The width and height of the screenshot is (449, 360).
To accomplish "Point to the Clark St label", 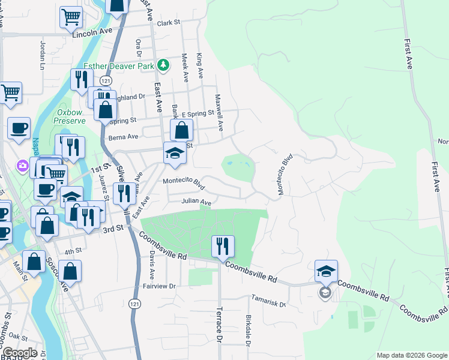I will (169, 23).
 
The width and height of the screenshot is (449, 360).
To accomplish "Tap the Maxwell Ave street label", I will (220, 113).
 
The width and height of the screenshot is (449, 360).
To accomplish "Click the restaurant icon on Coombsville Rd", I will (223, 246).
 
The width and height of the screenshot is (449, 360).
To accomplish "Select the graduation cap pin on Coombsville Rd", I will (327, 271).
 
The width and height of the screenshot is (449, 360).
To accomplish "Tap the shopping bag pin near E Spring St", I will (181, 130).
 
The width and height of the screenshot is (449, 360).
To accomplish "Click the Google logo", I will (19, 353).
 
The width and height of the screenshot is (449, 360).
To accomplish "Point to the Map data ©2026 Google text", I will (411, 355).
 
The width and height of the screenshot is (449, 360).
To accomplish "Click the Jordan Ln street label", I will (43, 52).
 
